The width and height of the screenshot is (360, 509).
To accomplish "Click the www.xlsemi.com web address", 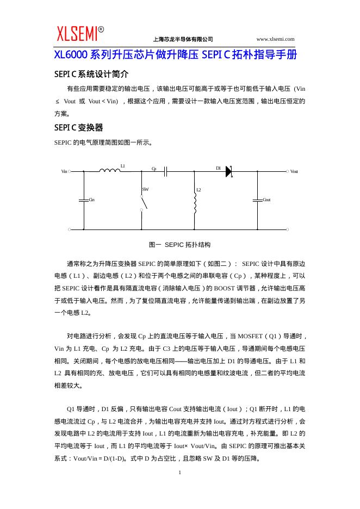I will click(275, 39).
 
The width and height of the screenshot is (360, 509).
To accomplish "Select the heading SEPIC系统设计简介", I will click(91, 74).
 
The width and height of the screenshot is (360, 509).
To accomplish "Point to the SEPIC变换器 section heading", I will click(78, 128).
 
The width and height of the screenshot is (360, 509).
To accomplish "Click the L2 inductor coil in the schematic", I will click(195, 203).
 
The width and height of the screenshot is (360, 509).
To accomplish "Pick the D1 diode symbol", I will click(228, 171).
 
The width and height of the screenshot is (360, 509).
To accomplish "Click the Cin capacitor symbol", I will click(84, 200).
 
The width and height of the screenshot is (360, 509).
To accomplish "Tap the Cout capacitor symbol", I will click(257, 200).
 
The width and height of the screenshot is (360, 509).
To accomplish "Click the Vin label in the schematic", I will click(64, 171).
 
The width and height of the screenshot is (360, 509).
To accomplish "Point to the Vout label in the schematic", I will click(294, 171).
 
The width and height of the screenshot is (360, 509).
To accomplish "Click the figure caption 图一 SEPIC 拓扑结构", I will click(179, 245).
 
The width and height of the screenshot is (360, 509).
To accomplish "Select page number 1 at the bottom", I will click(179, 473).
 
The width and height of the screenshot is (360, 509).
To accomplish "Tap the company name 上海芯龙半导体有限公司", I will click(183, 39).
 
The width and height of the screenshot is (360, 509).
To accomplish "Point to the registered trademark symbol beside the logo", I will click(101, 29).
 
